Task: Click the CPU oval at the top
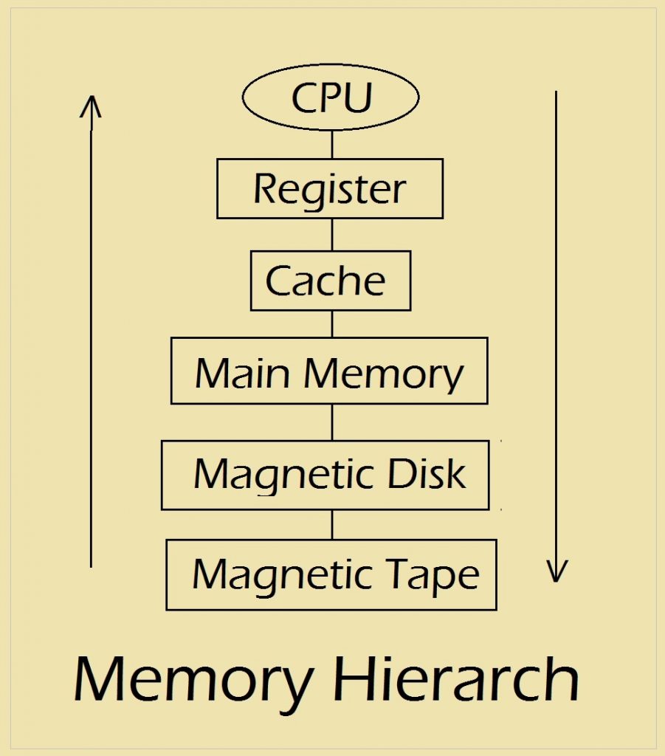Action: click(x=331, y=97)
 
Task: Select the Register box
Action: click(x=330, y=189)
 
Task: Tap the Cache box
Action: click(x=330, y=281)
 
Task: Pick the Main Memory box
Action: click(x=329, y=371)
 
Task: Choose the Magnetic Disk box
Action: click(x=325, y=475)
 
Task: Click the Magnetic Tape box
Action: click(x=331, y=574)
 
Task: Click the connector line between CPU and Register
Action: click(x=331, y=144)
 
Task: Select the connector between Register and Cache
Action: click(x=331, y=234)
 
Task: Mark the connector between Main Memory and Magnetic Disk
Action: click(x=331, y=422)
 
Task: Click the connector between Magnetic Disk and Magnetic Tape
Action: click(x=331, y=524)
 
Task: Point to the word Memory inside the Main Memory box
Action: click(x=384, y=374)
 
